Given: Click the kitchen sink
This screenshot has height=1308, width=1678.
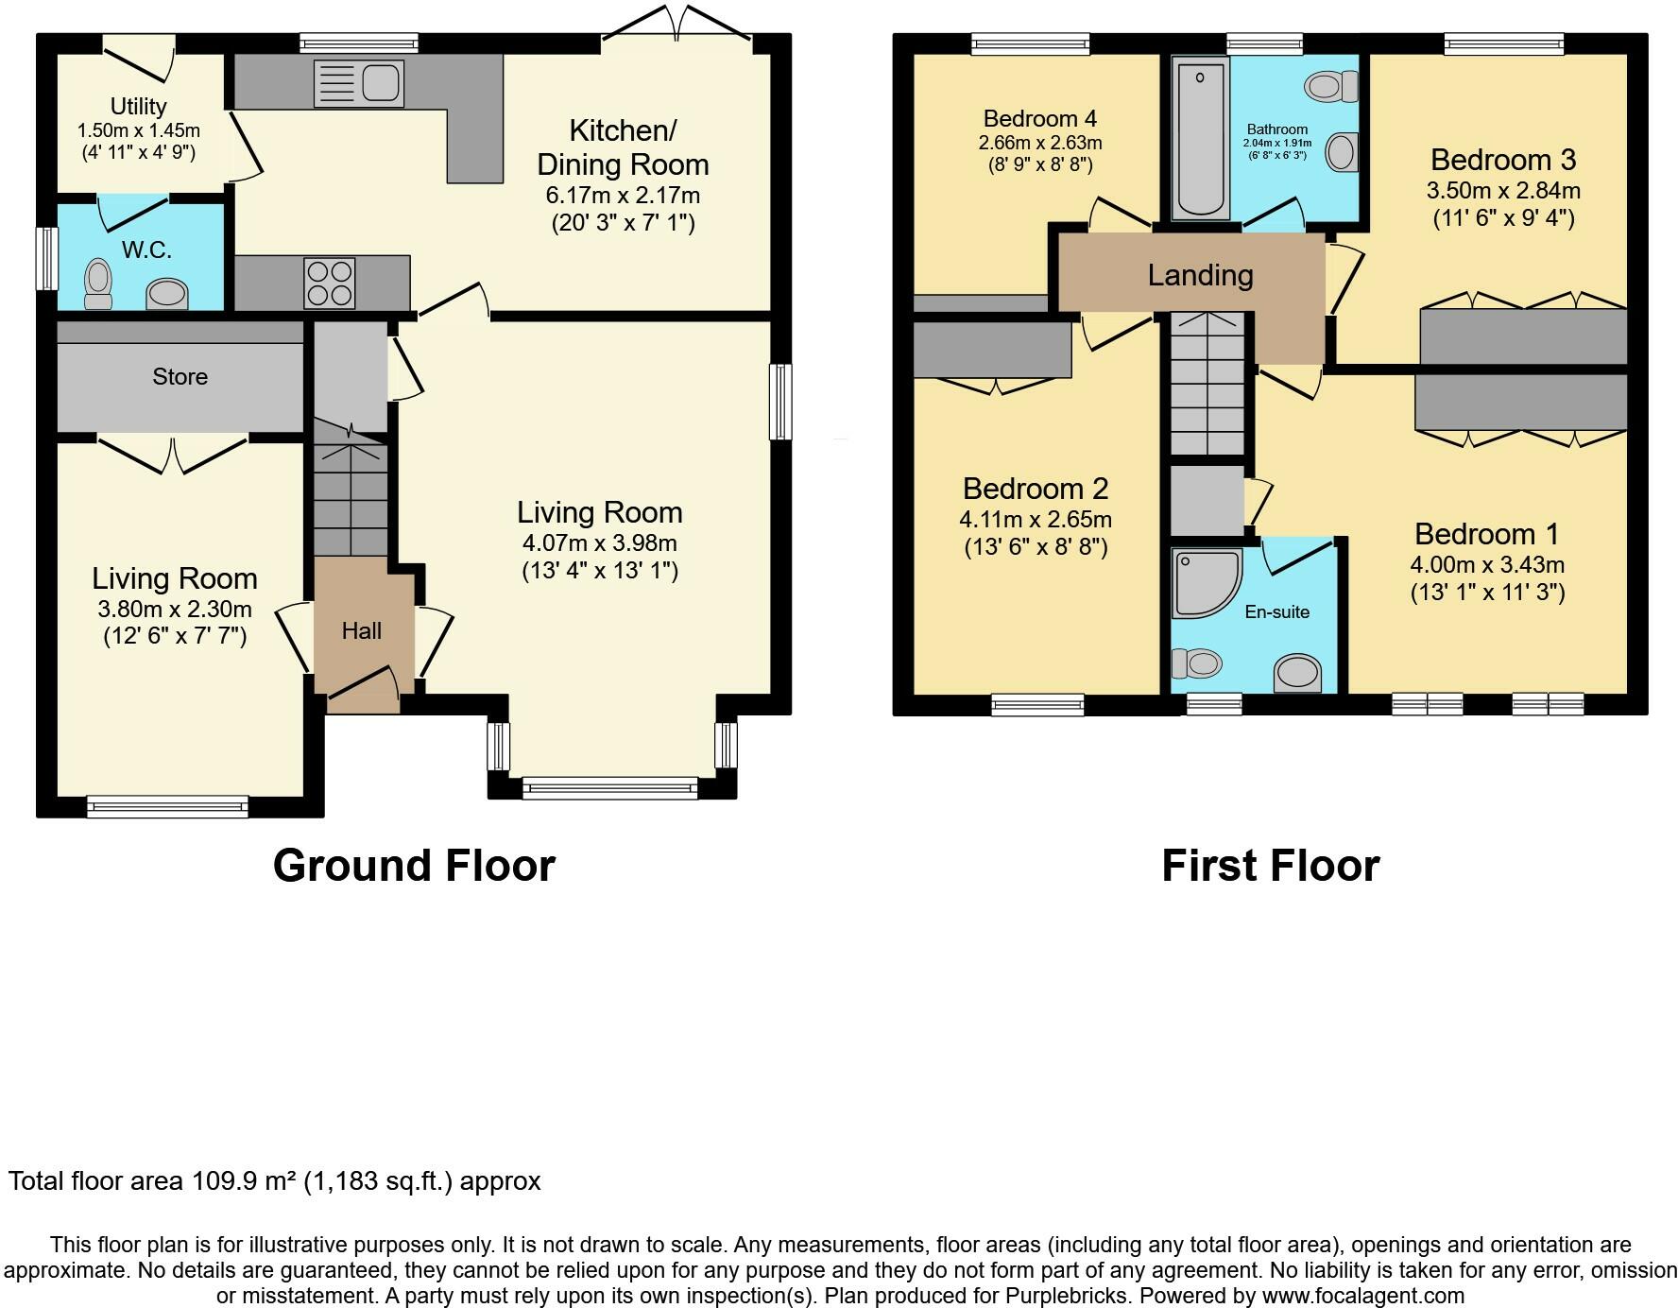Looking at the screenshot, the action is (359, 83).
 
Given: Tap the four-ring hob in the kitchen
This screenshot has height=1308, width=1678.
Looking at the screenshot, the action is (330, 283).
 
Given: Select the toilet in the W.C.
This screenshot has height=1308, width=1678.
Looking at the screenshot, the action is (97, 284).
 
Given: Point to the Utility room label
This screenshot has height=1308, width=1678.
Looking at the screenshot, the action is (138, 106).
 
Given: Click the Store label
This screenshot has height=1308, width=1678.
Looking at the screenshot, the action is (180, 376).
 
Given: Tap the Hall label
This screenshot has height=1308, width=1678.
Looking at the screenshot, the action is (361, 630).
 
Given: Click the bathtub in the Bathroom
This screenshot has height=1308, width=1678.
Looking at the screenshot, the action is (1200, 138).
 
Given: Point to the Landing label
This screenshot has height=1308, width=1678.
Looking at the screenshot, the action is (1200, 275).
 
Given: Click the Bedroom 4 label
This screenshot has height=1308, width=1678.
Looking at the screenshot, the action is (1039, 118).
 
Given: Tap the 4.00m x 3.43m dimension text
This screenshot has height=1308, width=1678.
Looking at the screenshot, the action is (1487, 565).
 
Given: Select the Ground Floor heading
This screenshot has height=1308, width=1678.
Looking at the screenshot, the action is (414, 866).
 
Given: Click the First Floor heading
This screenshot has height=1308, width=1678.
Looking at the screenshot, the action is (1271, 866).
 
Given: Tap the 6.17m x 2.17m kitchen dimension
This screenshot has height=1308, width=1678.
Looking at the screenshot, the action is (623, 196).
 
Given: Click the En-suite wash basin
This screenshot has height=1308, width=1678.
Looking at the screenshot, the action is (1297, 674).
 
